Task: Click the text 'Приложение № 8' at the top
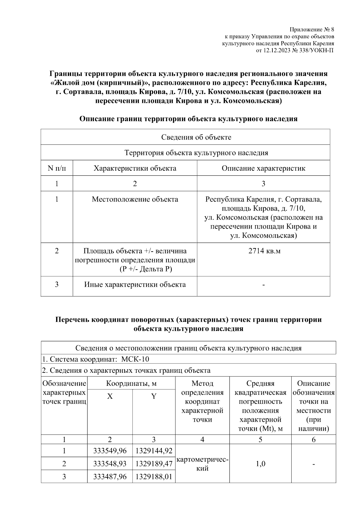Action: [312, 30]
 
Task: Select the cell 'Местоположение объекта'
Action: [135, 199]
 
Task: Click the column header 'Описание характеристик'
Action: [263, 168]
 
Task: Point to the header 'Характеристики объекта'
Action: [135, 168]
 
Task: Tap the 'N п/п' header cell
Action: [57, 168]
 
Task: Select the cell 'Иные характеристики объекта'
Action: [135, 284]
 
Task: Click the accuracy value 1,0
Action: [260, 464]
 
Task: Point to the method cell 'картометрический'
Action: [202, 464]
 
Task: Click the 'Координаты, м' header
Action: [131, 384]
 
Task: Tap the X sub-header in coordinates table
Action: [110, 397]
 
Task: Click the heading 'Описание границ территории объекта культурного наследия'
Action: [188, 119]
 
